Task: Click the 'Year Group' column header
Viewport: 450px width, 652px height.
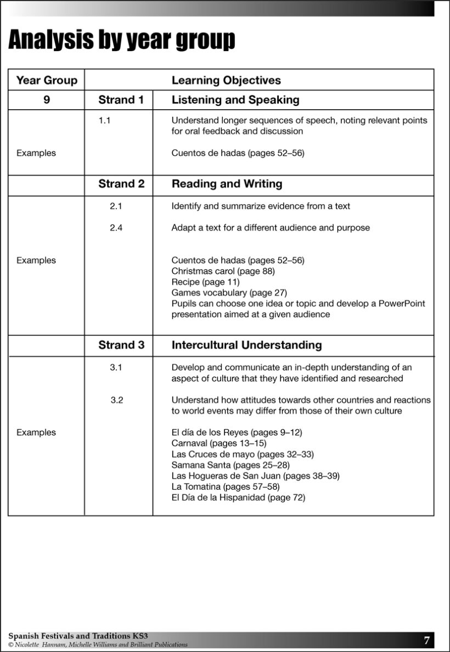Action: point(47,80)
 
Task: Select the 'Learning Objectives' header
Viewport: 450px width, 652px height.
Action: point(226,80)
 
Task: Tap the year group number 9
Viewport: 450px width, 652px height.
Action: point(47,100)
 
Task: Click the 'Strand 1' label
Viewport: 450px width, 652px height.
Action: point(121,100)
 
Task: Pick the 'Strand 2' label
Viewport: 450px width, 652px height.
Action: point(121,184)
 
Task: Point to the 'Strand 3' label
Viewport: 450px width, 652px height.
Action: point(121,345)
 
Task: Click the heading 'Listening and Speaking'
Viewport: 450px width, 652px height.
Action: point(235,100)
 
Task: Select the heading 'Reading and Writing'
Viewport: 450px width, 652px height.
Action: point(227,184)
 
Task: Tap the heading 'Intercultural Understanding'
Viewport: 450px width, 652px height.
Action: point(246,345)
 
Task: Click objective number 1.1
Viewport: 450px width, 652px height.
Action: point(104,120)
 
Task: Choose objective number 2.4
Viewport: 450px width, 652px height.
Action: point(116,228)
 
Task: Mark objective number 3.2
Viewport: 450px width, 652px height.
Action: point(116,400)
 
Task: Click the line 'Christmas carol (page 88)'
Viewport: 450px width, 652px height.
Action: point(223,271)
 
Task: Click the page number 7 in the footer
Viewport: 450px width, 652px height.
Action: point(426,640)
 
